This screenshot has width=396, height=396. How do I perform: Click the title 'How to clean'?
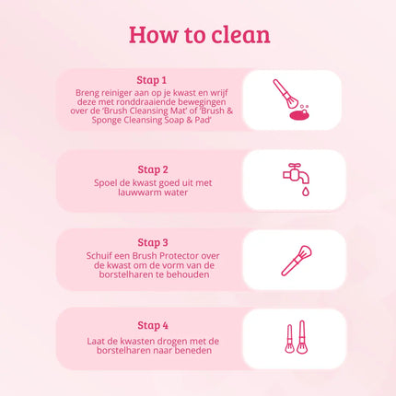point(199,34)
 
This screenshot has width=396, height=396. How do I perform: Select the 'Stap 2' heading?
point(153,169)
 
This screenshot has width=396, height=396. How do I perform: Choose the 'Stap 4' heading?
point(153,324)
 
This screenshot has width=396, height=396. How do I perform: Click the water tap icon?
point(293,174)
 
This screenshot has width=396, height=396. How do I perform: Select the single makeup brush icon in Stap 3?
point(294,259)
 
